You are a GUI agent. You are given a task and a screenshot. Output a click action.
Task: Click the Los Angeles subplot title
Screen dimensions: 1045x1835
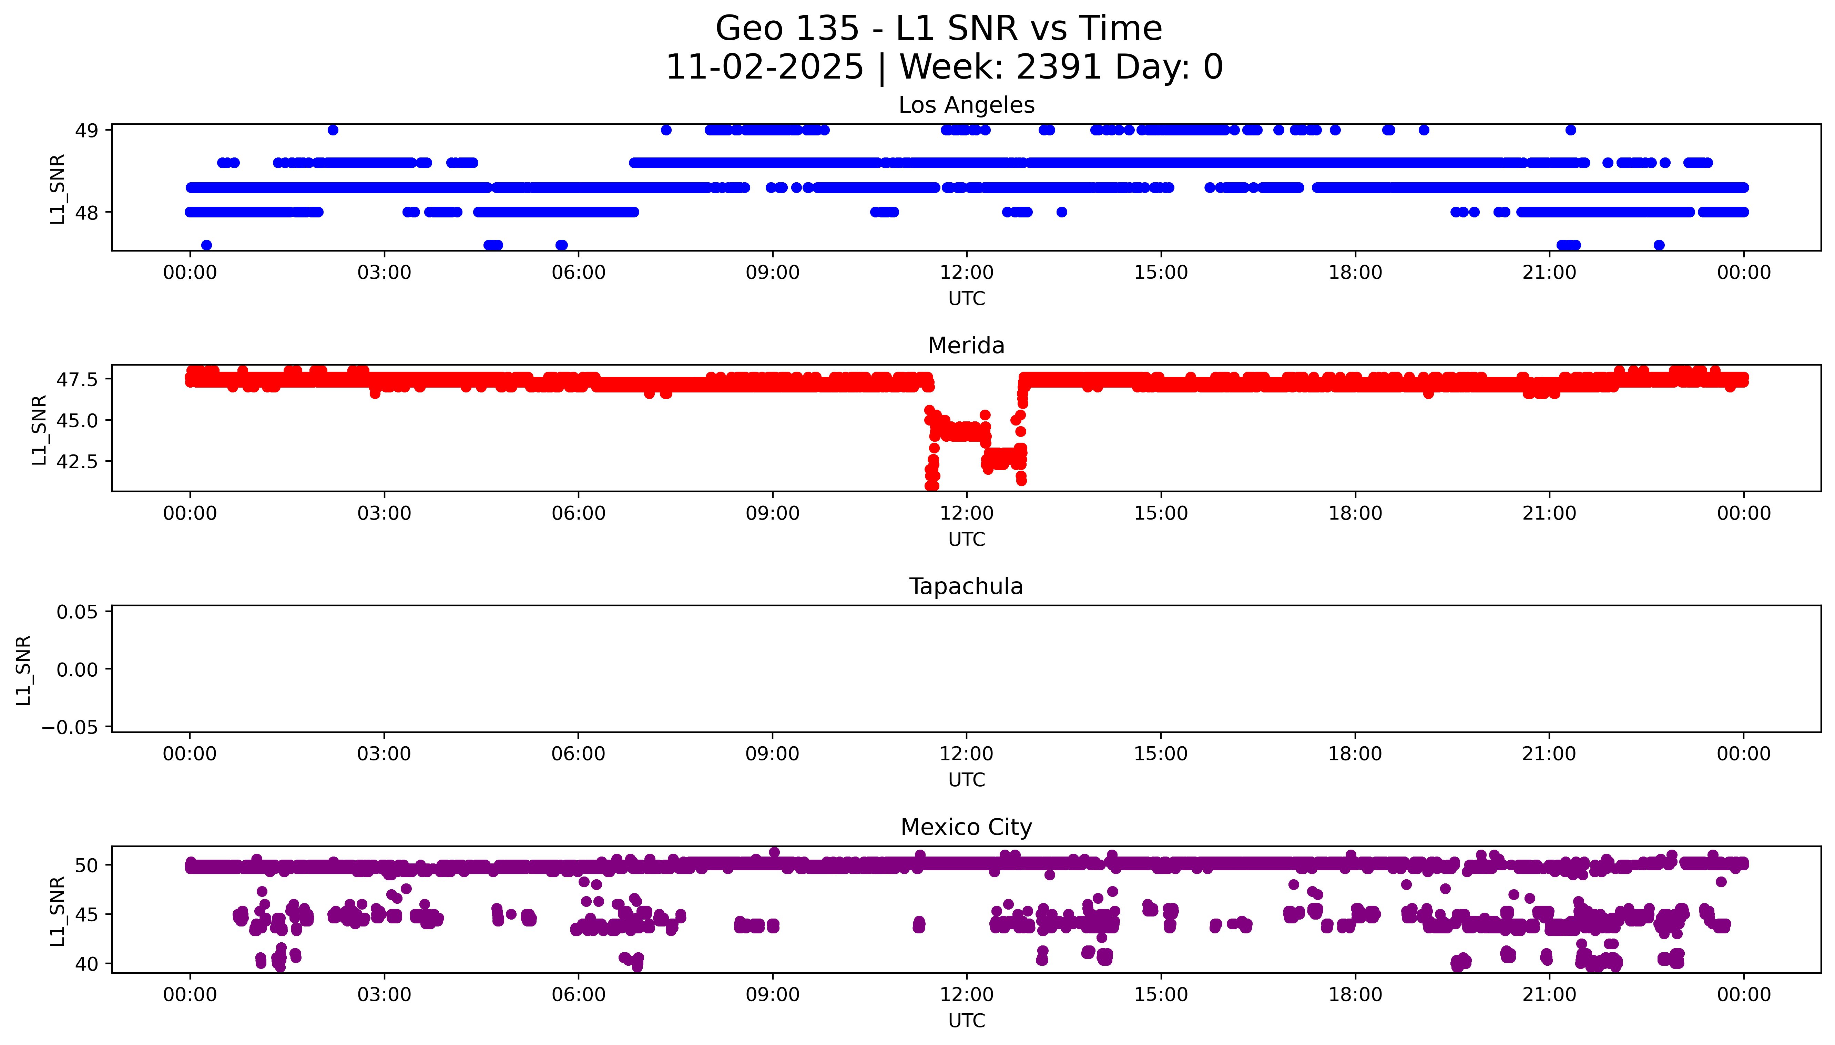tap(966, 105)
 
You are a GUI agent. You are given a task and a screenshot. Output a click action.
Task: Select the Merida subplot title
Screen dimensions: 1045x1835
tap(966, 345)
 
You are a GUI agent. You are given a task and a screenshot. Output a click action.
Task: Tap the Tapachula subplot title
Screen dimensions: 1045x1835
tap(966, 586)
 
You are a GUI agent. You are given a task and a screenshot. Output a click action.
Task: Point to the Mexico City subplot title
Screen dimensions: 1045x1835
tap(966, 827)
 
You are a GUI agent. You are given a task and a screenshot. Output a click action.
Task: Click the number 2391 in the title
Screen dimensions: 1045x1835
tap(1059, 67)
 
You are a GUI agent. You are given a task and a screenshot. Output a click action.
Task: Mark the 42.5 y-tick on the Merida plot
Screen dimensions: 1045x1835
tap(77, 461)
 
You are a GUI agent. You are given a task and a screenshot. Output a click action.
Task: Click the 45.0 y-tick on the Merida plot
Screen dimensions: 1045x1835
tap(77, 420)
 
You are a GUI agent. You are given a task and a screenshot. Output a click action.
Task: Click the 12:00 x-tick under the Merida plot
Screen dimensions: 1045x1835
tap(967, 513)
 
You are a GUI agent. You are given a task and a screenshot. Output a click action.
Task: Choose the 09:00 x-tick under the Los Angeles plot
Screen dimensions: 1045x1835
tap(772, 273)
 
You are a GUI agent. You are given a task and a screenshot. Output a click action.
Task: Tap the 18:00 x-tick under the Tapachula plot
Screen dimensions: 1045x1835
tap(1355, 754)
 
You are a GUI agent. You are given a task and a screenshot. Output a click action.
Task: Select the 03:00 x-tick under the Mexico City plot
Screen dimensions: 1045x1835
tap(384, 995)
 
